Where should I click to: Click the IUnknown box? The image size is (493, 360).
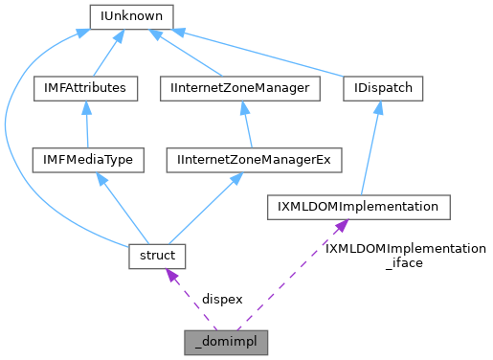[130, 16]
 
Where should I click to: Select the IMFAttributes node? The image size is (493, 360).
[85, 88]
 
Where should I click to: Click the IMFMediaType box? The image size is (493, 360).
[86, 159]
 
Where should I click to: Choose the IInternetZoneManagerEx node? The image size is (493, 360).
[254, 159]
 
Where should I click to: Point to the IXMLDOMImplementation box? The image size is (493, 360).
[356, 206]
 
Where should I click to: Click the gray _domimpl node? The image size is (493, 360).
[226, 340]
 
